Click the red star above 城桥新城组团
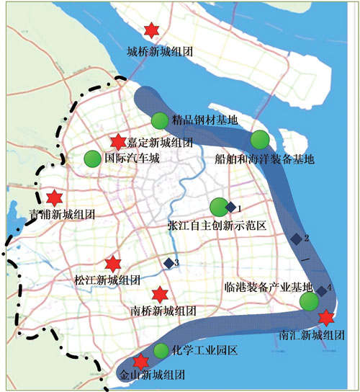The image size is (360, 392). click(x=151, y=30)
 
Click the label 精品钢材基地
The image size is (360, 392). click(x=205, y=120)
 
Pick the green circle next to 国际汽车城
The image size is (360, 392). click(x=93, y=158)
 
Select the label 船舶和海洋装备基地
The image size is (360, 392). click(x=264, y=159)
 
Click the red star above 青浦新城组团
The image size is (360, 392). click(x=54, y=197)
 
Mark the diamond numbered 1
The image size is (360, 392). click(x=230, y=208)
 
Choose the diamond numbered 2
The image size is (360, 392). click(x=295, y=239)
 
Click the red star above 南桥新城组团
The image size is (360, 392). click(x=161, y=294)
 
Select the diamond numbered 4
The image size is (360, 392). click(x=322, y=290)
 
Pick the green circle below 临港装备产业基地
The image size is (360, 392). click(x=309, y=301)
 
